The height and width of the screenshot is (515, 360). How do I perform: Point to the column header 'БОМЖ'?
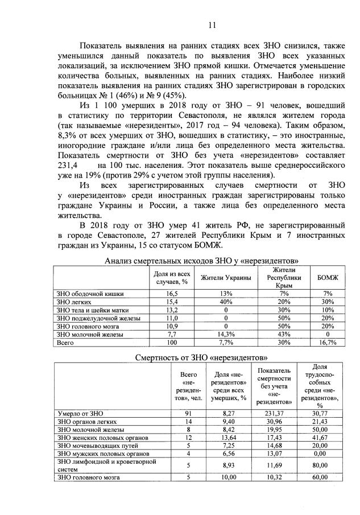(x=328, y=277)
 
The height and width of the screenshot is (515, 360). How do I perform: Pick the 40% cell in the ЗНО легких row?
(x=226, y=302)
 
